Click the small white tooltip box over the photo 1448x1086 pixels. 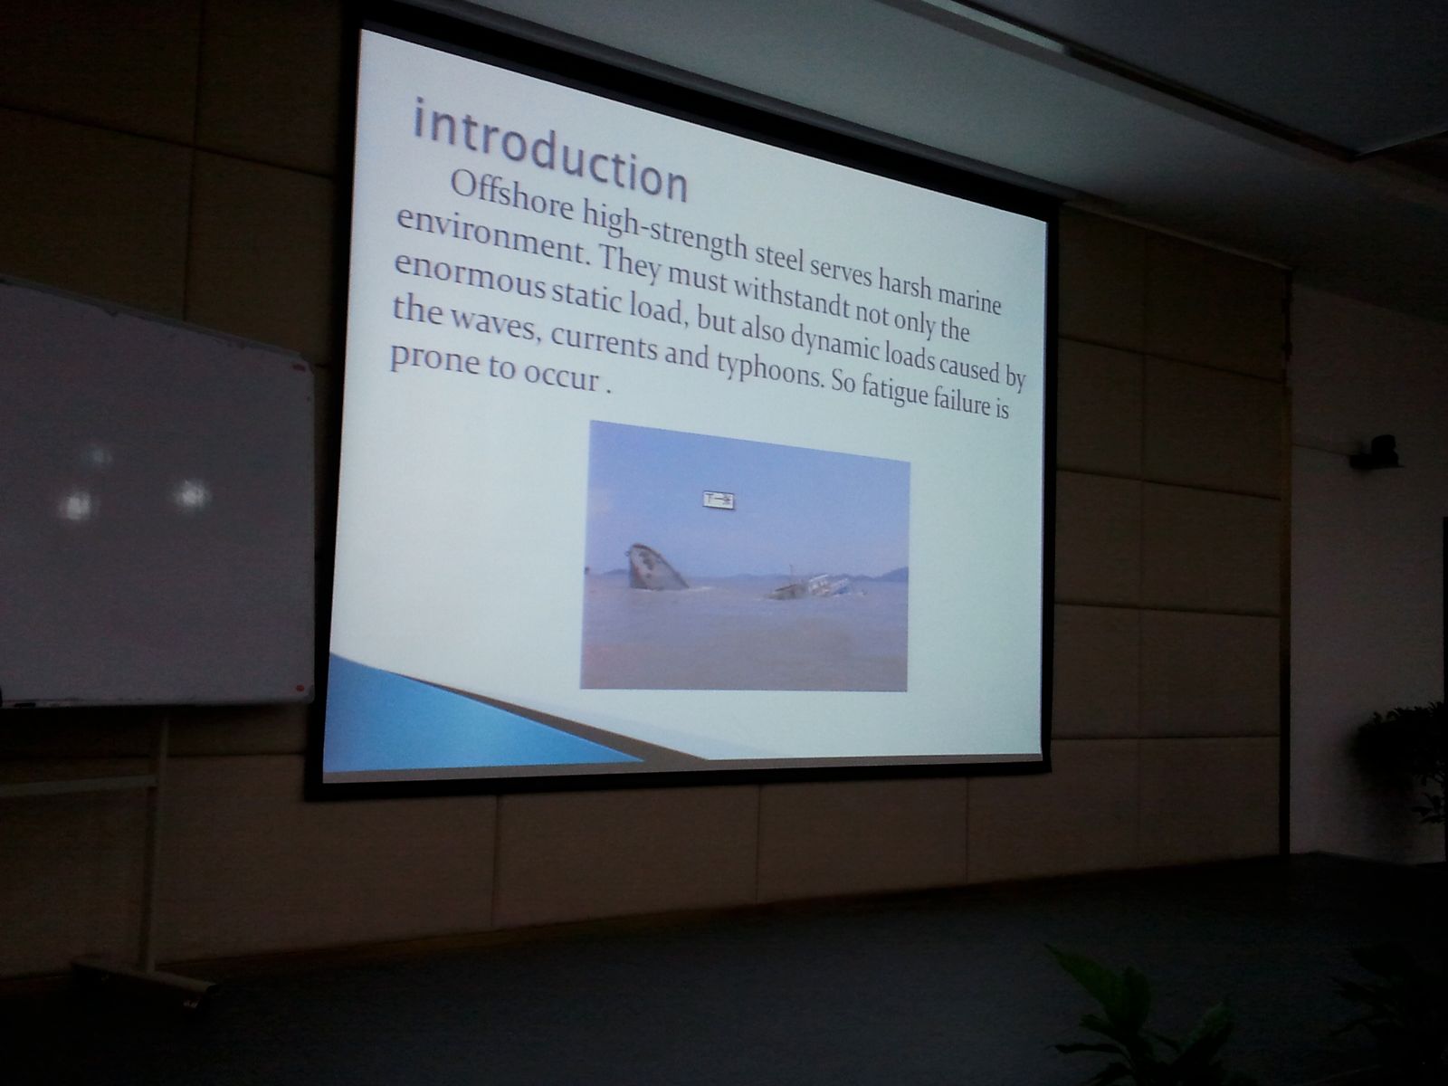[x=719, y=500]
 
